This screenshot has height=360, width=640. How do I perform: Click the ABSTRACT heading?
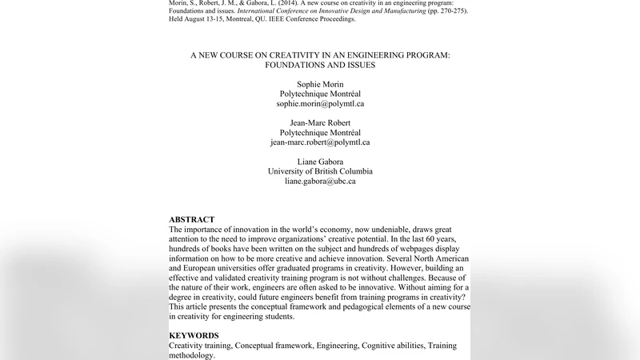(x=192, y=219)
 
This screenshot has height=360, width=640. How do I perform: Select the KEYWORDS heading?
(x=195, y=334)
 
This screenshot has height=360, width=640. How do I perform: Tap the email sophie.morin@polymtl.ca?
(x=320, y=104)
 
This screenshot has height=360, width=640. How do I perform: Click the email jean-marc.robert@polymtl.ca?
(x=320, y=142)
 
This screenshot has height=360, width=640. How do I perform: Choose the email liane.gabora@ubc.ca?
(x=320, y=181)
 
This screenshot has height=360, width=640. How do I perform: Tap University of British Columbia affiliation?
(x=320, y=170)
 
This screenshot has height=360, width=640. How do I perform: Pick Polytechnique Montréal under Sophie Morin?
(x=320, y=93)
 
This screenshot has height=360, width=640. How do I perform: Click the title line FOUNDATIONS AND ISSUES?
(x=320, y=65)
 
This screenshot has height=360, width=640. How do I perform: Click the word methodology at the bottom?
(x=191, y=354)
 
